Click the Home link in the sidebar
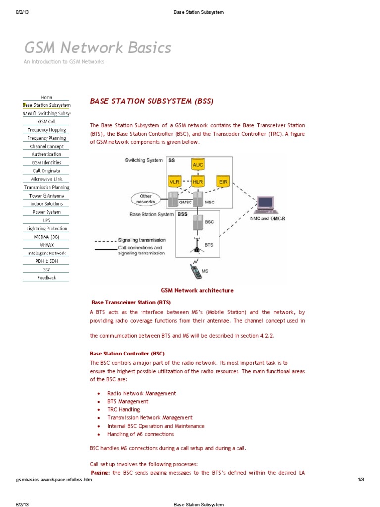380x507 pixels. pos(47,97)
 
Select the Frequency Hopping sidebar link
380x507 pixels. pos(47,130)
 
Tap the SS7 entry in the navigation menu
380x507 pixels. pos(47,269)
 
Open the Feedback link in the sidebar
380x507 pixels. pos(47,278)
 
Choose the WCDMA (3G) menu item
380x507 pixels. pos(47,237)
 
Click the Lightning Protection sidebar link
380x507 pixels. pos(47,229)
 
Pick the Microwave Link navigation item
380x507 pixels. pos(47,179)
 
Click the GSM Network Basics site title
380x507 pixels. pos(98,48)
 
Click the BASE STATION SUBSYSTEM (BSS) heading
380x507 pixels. pos(151,101)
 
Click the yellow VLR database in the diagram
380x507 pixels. pos(175,182)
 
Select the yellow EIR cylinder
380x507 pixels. pos(223,182)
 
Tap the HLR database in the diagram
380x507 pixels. pos(198,182)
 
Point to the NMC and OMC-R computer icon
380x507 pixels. pos(265,204)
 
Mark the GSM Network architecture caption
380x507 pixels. pos(197,291)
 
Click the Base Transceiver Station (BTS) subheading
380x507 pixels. pos(131,302)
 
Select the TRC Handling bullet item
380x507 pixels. pos(124,409)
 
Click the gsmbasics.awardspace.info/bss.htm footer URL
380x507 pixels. pos(54,480)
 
